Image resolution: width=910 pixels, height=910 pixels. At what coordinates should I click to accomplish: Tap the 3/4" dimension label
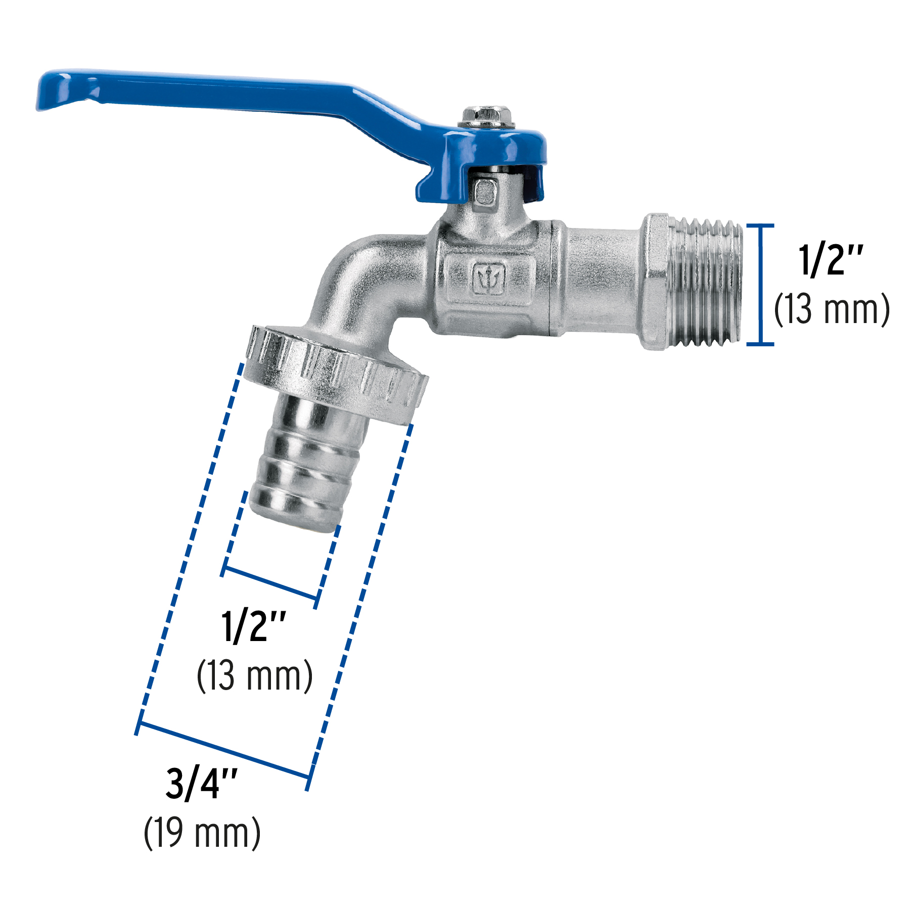(x=201, y=783)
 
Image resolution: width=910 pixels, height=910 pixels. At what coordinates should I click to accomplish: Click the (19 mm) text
(x=202, y=833)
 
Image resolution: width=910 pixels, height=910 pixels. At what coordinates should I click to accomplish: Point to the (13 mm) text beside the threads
(x=832, y=309)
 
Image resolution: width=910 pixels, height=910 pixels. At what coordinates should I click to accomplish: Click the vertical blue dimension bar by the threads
(x=760, y=284)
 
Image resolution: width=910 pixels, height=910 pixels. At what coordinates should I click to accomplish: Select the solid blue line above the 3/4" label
(x=222, y=750)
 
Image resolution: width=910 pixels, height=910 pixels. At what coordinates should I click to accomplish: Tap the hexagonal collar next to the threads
(x=656, y=282)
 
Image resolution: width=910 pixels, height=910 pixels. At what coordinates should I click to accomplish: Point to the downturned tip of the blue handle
(x=51, y=94)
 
